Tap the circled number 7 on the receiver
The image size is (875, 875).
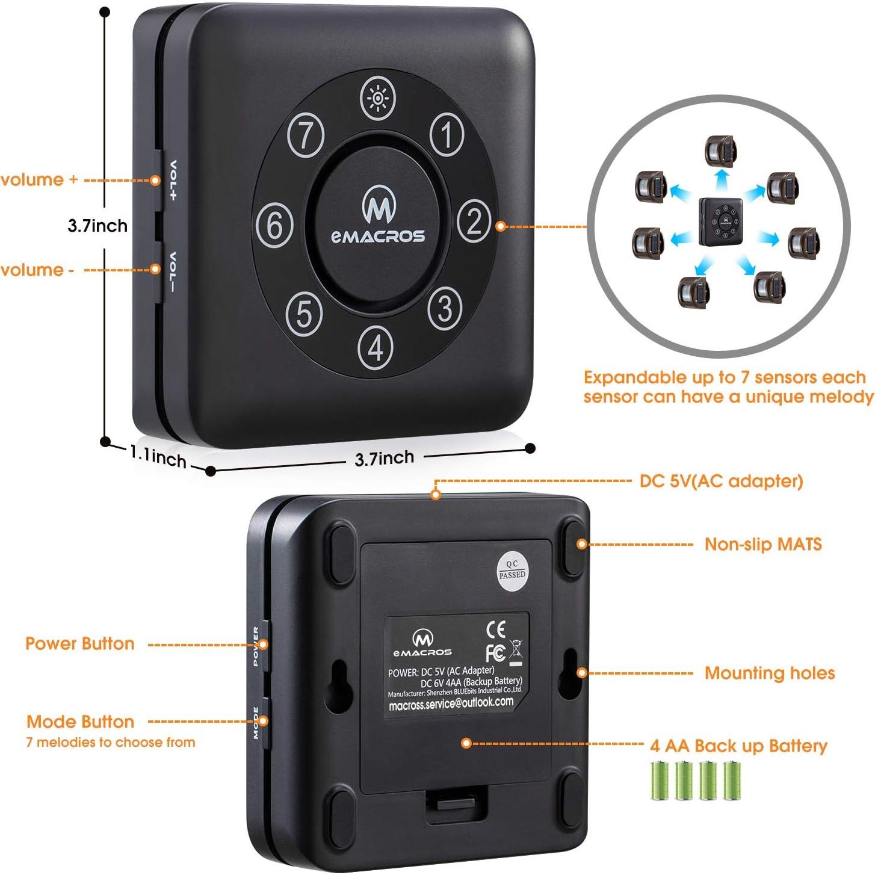pos(306,135)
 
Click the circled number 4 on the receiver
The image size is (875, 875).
pos(376,347)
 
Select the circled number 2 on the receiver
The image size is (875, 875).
pos(474,221)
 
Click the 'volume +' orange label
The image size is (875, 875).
pos(40,179)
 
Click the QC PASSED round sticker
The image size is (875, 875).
pos(512,569)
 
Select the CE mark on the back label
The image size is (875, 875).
pos(495,629)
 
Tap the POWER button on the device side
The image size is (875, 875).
pos(264,645)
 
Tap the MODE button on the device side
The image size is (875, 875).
pos(264,721)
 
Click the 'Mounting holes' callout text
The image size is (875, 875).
pos(769,673)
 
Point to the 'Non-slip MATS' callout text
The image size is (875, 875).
pos(762,544)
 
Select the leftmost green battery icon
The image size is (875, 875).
pos(660,781)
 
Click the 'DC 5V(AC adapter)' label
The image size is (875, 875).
pos(721,481)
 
